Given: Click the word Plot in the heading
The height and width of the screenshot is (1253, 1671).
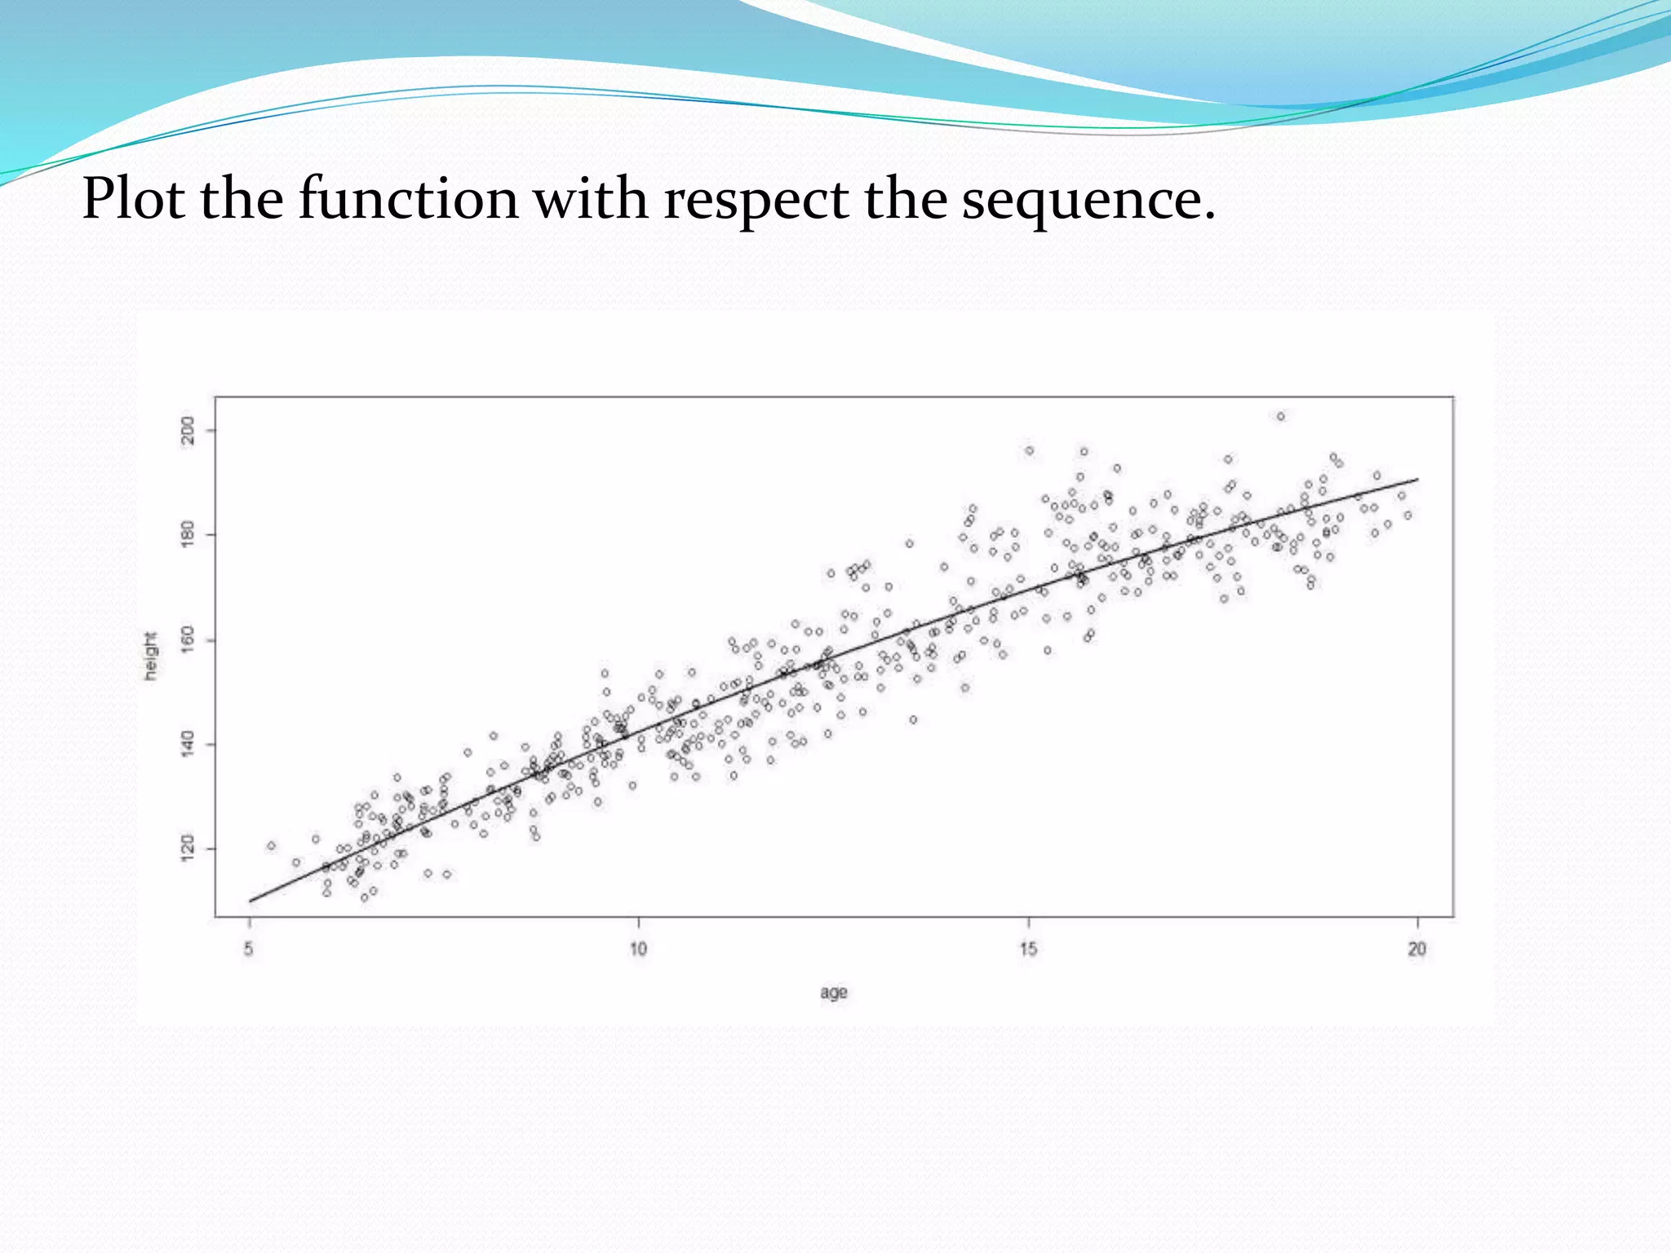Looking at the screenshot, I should tap(134, 200).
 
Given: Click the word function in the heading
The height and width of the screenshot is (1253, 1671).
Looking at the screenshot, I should tap(408, 200).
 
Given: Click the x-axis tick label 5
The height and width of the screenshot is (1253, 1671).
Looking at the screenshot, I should tap(249, 949).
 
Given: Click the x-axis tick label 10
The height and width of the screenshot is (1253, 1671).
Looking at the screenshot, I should tap(638, 949).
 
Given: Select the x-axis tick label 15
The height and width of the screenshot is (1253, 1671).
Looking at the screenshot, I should tap(1028, 949).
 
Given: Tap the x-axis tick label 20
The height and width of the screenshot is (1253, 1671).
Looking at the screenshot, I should tap(1417, 949).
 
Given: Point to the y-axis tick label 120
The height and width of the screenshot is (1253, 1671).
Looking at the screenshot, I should tap(188, 848).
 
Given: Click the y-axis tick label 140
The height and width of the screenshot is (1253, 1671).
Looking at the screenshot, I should tap(188, 744).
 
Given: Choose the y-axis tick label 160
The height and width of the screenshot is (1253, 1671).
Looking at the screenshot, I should tap(188, 640).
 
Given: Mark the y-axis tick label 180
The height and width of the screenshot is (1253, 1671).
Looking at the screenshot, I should tap(188, 534).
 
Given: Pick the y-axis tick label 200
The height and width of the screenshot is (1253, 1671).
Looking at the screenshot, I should tap(188, 430).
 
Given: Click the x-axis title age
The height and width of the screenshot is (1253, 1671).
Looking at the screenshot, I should tap(834, 993).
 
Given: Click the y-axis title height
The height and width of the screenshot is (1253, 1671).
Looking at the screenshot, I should tap(150, 656).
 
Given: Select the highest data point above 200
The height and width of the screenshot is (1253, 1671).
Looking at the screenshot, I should tap(1281, 417).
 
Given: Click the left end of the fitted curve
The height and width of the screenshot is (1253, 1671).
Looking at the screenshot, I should tap(250, 901).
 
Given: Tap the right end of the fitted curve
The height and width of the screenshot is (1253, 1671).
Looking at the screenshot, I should tap(1417, 480).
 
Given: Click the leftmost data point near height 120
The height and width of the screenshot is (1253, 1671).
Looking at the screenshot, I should tap(271, 846).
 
